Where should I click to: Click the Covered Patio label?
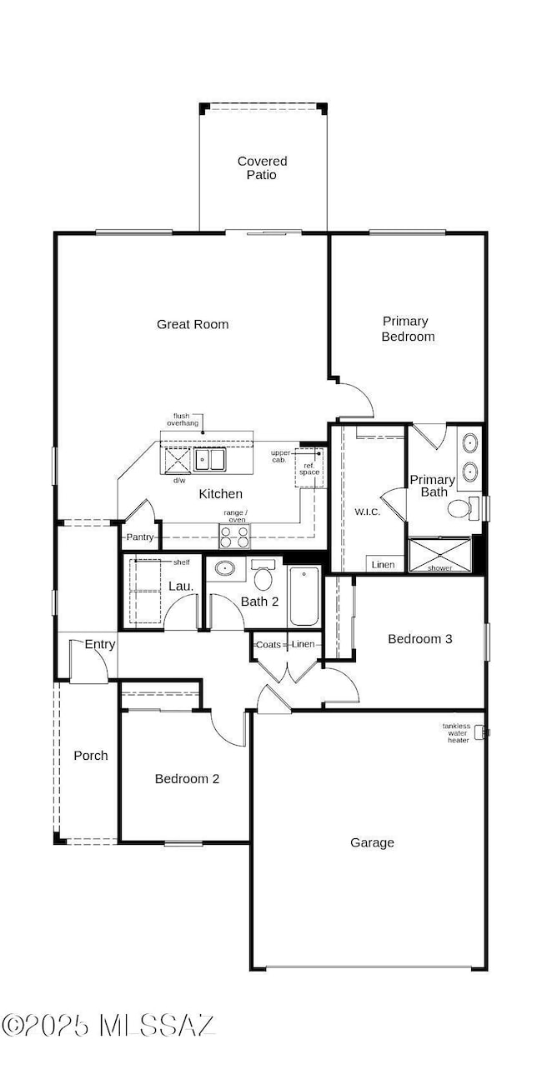(262, 167)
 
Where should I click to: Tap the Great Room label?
(193, 324)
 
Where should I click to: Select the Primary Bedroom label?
(408, 328)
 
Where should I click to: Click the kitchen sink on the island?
(209, 459)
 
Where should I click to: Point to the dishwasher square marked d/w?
(178, 460)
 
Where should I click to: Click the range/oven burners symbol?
(234, 536)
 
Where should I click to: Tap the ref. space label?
(309, 468)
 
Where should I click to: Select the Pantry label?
(140, 537)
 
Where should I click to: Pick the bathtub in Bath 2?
(304, 596)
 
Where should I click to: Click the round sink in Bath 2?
(224, 568)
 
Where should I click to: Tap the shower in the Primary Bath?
(439, 554)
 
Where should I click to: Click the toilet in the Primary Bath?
(463, 507)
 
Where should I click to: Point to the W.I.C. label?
(367, 512)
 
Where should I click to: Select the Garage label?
(372, 842)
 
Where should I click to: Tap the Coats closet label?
(268, 644)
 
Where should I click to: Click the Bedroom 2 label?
(187, 779)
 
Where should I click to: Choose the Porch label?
(91, 755)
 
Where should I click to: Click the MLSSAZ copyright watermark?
(108, 1025)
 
